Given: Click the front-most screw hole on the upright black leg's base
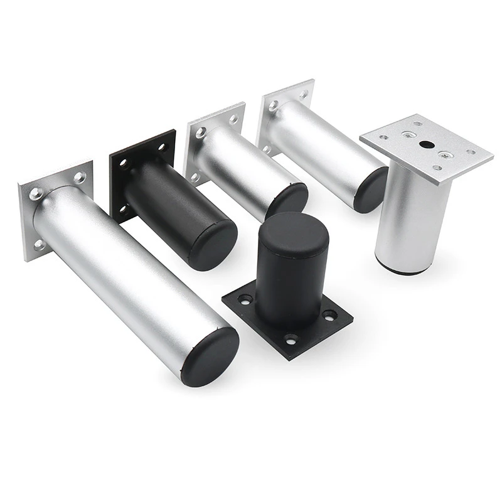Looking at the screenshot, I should pyautogui.click(x=290, y=339).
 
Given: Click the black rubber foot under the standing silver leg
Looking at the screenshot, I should pyautogui.click(x=402, y=270).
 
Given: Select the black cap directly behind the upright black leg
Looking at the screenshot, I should pyautogui.click(x=287, y=200).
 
